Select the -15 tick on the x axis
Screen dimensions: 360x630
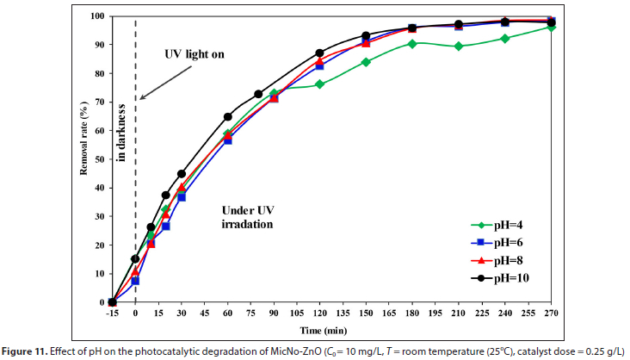pyautogui.click(x=112, y=313)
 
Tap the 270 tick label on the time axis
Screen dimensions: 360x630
pyautogui.click(x=551, y=313)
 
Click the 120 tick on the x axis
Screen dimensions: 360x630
pyautogui.click(x=319, y=313)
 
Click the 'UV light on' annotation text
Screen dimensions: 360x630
pyautogui.click(x=195, y=54)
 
